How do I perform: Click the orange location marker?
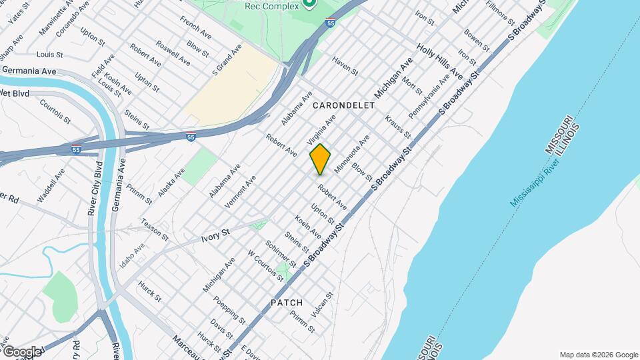[320, 159]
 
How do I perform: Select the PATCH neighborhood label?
[287, 303]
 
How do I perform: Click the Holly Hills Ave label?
[439, 61]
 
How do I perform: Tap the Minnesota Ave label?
[352, 155]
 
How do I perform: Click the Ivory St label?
[215, 235]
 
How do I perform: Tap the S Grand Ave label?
[227, 60]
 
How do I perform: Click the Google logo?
[21, 351]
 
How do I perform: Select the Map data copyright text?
[599, 355]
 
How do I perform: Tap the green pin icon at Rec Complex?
[309, 4]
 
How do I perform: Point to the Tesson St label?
[154, 227]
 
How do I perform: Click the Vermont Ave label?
[242, 189]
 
